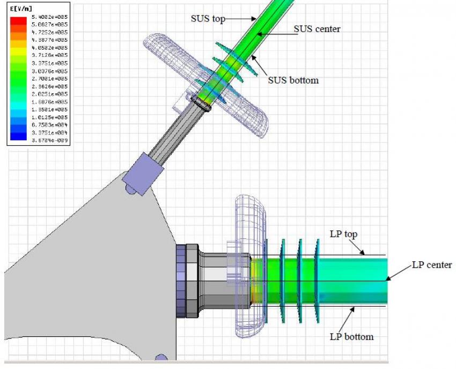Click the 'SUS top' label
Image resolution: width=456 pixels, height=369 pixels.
(207, 18)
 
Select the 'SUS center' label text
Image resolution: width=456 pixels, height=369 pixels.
(317, 29)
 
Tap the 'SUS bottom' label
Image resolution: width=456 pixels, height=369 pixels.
(293, 80)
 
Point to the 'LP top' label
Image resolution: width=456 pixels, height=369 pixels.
(343, 234)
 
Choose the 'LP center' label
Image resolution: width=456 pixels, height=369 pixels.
(432, 265)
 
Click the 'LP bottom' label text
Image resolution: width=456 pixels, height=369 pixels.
(351, 337)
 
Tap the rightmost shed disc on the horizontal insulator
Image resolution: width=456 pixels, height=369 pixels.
(318, 280)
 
